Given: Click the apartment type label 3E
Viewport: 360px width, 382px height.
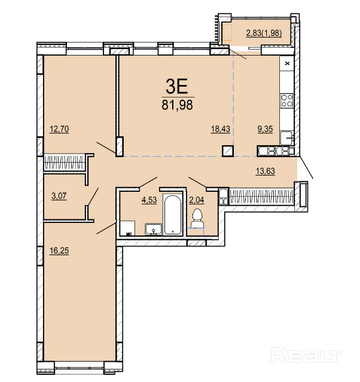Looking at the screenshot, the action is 177,87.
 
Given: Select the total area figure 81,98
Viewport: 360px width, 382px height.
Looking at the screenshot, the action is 177,105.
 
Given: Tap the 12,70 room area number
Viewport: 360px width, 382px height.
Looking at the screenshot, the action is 59,129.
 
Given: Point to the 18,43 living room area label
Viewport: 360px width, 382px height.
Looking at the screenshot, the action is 220,129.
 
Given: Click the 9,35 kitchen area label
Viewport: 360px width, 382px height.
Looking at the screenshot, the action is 265,129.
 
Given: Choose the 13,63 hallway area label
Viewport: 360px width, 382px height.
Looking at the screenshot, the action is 265,171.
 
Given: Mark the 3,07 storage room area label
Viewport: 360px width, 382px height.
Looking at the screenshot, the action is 59,195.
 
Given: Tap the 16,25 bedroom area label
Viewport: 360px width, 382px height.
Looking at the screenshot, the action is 59,250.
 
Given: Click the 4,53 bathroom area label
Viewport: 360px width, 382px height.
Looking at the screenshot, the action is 149,200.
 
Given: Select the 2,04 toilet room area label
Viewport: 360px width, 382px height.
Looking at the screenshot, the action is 197,200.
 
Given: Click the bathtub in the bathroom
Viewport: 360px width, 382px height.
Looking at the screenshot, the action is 173,215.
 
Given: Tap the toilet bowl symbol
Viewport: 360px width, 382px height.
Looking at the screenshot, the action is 197,219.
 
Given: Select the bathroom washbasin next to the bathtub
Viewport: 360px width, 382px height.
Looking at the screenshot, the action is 153,229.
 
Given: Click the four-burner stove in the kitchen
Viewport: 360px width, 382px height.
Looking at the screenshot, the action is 287,101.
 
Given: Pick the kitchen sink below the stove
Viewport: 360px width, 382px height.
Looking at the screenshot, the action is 286,138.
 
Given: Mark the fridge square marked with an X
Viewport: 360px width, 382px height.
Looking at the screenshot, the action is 287,63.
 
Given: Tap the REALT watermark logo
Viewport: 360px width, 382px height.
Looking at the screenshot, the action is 306,356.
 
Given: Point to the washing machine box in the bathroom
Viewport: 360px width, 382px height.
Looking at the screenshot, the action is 128,228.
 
